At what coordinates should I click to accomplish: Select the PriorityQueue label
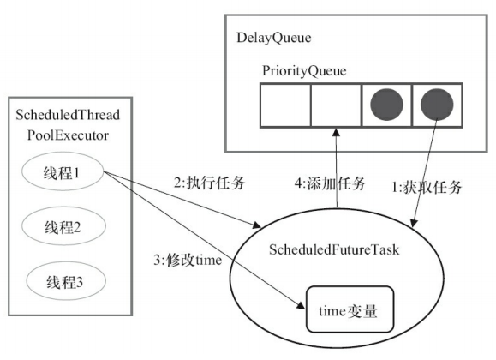coord(303,71)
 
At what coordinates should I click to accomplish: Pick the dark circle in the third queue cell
coord(386,104)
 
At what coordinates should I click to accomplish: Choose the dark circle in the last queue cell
coord(437,104)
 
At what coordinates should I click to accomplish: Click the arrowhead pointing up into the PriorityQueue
coord(336,131)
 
